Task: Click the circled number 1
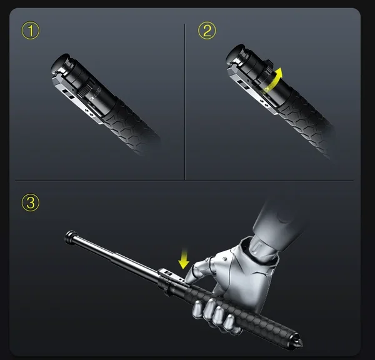pos(29,31)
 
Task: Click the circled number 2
pos(207,31)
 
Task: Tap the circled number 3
pos(29,203)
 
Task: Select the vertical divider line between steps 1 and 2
pos(185,100)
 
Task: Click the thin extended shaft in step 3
pos(112,256)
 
